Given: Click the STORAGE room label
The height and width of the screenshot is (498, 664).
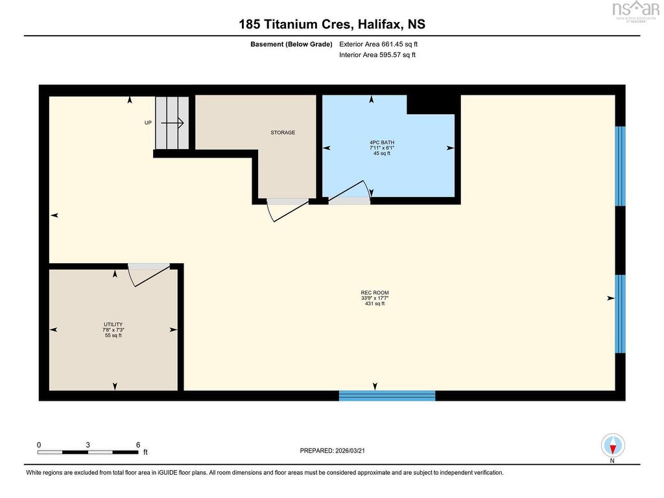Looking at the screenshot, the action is click(283, 132).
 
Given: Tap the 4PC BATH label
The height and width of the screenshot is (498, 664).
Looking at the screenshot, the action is click(382, 143).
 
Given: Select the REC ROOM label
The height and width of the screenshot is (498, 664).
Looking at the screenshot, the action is click(375, 292).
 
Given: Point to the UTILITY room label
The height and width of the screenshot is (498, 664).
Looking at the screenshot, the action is click(113, 324).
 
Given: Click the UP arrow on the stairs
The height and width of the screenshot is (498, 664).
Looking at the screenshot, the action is click(172, 123).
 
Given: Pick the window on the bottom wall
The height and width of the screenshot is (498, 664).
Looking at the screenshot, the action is click(387, 396).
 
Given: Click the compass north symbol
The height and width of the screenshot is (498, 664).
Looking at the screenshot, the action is click(613, 446).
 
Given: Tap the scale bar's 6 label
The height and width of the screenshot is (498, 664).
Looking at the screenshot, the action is click(138, 445).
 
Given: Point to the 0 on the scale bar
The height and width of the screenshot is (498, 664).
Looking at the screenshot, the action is click(39, 445).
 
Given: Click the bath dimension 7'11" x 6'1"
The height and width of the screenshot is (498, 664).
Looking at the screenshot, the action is click(382, 148).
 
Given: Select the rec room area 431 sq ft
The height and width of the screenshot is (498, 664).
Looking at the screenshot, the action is click(375, 303).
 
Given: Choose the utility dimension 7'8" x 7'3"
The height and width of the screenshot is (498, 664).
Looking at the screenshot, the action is click(113, 330).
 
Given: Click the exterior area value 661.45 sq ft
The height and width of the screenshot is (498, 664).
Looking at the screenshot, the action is click(399, 44).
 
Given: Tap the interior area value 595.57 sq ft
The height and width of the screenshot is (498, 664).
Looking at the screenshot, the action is click(397, 54).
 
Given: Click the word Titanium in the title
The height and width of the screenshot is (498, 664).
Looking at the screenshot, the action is click(287, 24).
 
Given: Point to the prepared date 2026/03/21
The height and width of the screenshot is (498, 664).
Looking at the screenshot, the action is click(350, 451).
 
